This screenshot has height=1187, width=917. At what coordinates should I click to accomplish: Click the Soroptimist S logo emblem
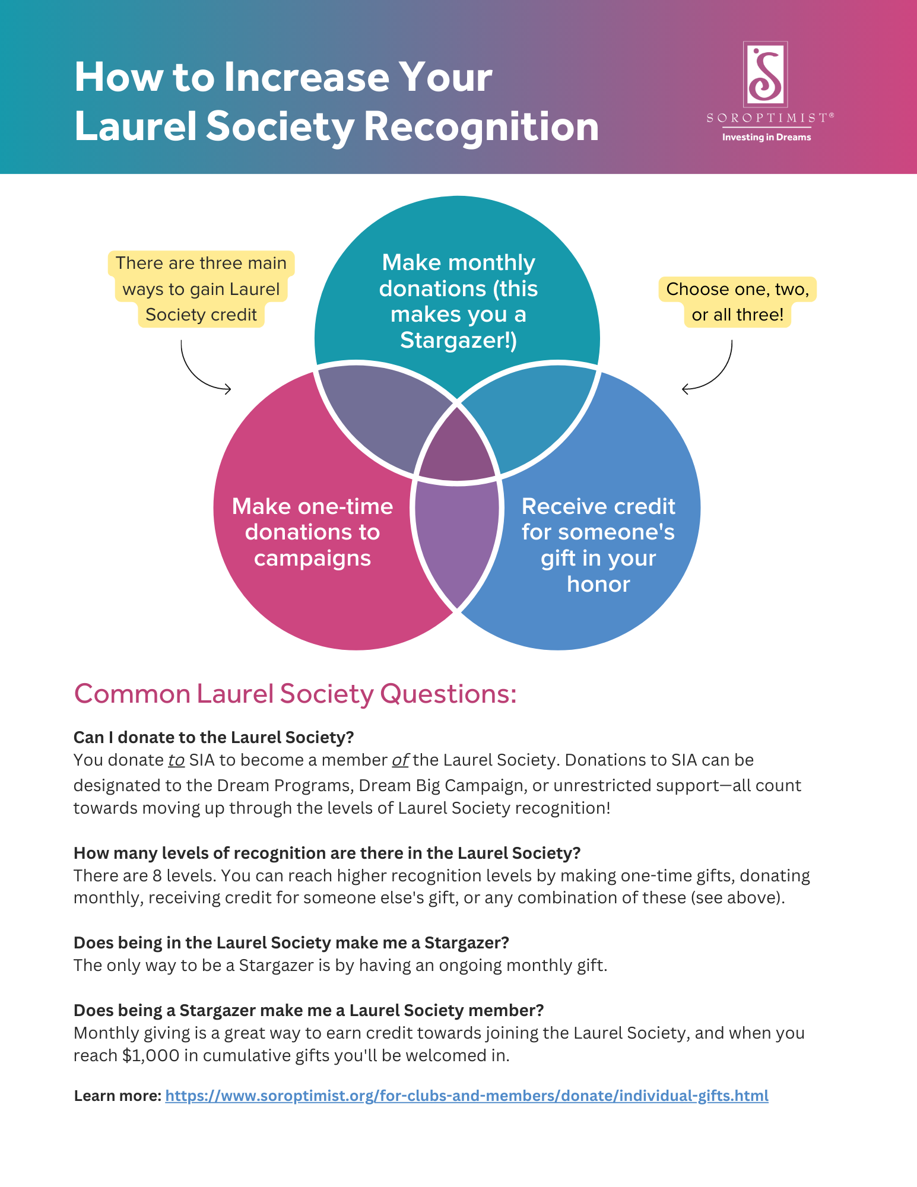click(x=765, y=74)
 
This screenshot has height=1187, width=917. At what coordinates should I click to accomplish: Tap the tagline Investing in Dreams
click(x=766, y=137)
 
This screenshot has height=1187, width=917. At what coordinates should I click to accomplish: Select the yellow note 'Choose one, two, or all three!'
click(x=737, y=301)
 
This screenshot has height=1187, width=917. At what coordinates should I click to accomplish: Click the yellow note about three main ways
click(x=201, y=289)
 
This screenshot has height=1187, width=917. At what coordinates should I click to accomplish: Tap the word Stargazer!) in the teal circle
click(x=458, y=340)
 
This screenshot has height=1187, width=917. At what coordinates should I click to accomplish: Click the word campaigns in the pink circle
click(x=312, y=558)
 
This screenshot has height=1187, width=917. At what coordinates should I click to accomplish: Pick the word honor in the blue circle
click(x=598, y=584)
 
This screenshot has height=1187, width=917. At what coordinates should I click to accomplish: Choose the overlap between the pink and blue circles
click(x=457, y=540)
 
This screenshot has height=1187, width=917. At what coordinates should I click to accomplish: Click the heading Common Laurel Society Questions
click(x=295, y=693)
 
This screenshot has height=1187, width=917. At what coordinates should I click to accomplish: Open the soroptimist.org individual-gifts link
click(x=467, y=1096)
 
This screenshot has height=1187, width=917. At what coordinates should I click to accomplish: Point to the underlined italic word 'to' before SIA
click(x=176, y=760)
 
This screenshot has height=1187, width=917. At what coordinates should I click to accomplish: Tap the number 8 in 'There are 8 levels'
click(x=157, y=875)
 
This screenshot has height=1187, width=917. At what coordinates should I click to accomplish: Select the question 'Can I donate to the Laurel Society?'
click(x=214, y=737)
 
